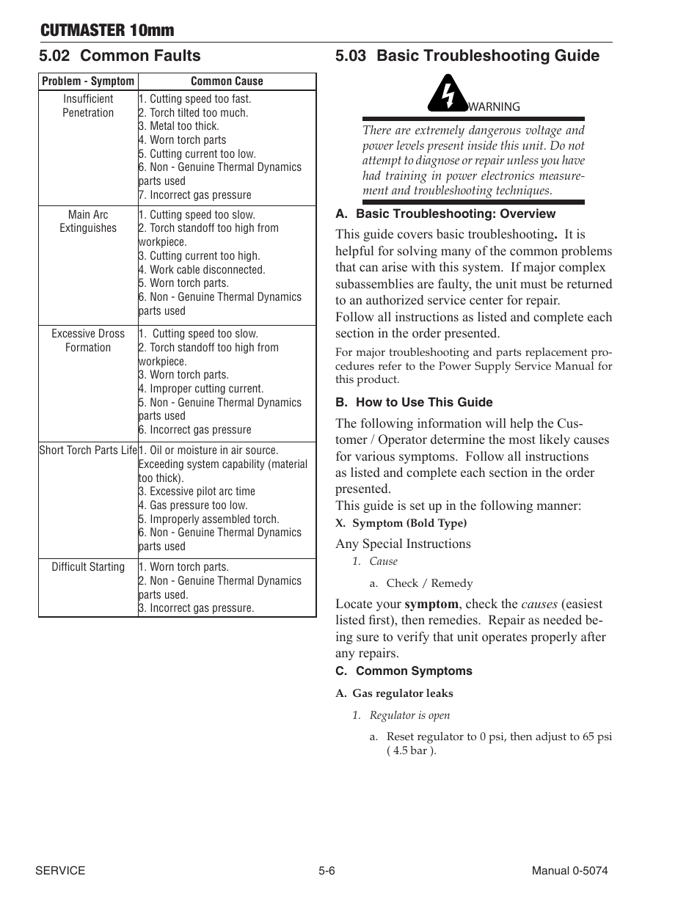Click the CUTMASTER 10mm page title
point(107,30)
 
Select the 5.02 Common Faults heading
point(120,56)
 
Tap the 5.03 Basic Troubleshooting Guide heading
point(467,56)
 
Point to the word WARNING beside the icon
point(494,107)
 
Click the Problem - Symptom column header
point(88,81)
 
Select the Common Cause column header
point(226,81)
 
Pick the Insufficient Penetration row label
point(88,106)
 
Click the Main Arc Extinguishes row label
point(88,222)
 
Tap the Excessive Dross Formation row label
point(88,340)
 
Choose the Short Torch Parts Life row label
point(88,450)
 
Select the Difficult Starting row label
point(88,567)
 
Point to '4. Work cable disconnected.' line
point(202,270)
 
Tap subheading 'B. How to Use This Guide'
point(414,403)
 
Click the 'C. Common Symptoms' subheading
point(404,671)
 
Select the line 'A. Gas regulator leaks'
point(394,693)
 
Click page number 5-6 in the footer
point(327,871)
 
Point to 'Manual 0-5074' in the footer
point(569,871)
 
